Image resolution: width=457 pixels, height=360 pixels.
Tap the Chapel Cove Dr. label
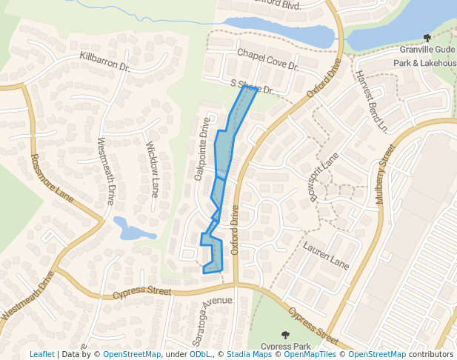pyautogui.click(x=267, y=60)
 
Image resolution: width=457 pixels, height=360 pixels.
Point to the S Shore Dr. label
pyautogui.click(x=252, y=87)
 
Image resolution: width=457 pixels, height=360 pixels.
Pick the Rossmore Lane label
pyautogui.click(x=43, y=177)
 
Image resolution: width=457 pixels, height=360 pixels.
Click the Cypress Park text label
pyautogui.click(x=285, y=346)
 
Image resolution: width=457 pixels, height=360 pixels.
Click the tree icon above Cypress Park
pyautogui.click(x=286, y=336)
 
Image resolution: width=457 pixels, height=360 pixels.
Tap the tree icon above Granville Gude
pyautogui.click(x=427, y=38)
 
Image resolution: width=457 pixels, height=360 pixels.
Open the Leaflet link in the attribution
pyautogui.click(x=41, y=354)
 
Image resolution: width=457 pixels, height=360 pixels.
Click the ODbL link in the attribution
pyautogui.click(x=200, y=354)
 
